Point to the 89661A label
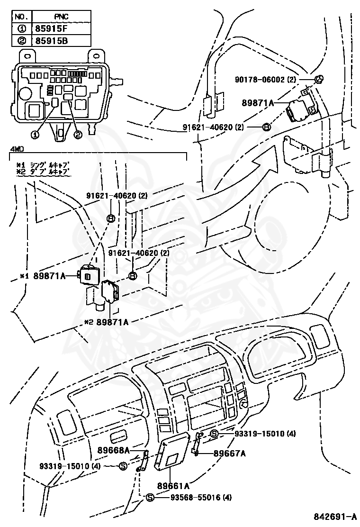pyautogui.click(x=174, y=486)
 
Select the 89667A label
pyautogui.click(x=229, y=453)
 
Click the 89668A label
pyautogui.click(x=114, y=449)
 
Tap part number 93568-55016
pyautogui.click(x=195, y=497)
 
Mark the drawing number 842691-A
pyautogui.click(x=335, y=516)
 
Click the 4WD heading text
pyautogui.click(x=17, y=149)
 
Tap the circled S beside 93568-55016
pyautogui.click(x=150, y=497)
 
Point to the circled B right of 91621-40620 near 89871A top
pyautogui.click(x=266, y=127)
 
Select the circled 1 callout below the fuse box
pyautogui.click(x=35, y=135)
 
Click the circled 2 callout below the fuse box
pyautogui.click(x=78, y=135)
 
